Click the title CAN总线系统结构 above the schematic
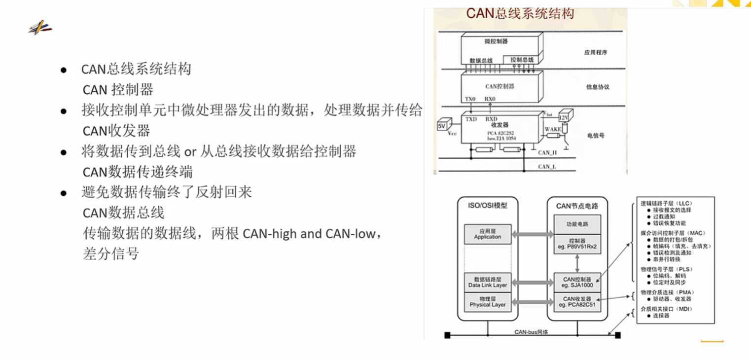tap(520, 13)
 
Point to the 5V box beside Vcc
tap(442, 126)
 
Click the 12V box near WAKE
tap(563, 118)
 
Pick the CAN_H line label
tap(547, 153)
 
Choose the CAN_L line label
tap(547, 167)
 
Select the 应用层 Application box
tap(487, 234)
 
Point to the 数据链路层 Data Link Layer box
tap(487, 282)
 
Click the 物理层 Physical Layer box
tap(487, 302)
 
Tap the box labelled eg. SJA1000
tap(577, 282)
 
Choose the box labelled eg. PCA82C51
tap(577, 302)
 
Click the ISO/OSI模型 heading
tap(487, 206)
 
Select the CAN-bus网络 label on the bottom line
tap(531, 332)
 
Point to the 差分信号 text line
tap(111, 254)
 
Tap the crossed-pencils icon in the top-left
tap(39, 28)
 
